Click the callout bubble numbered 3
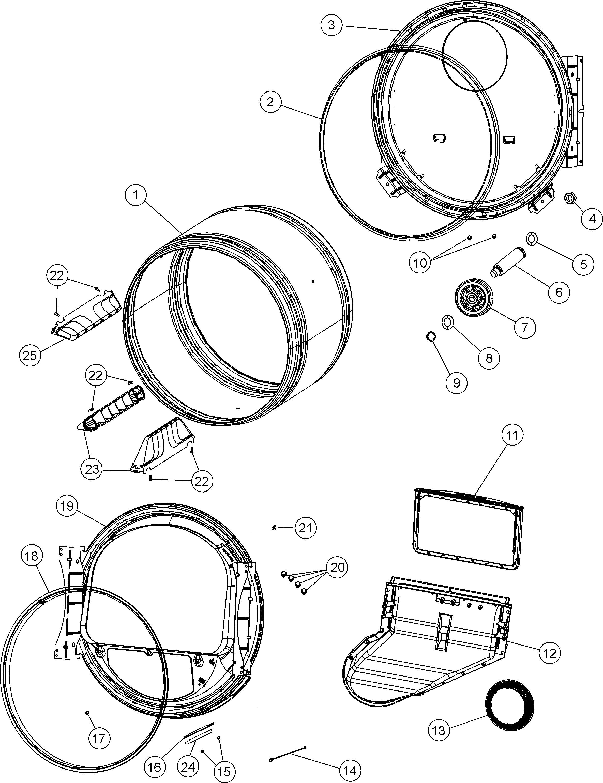click(331, 25)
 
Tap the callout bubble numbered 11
click(512, 435)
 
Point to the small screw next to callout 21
click(274, 528)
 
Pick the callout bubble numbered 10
click(420, 263)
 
